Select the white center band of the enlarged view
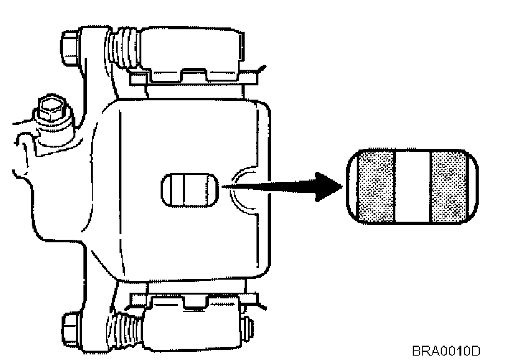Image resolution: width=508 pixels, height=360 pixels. (x=413, y=186)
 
